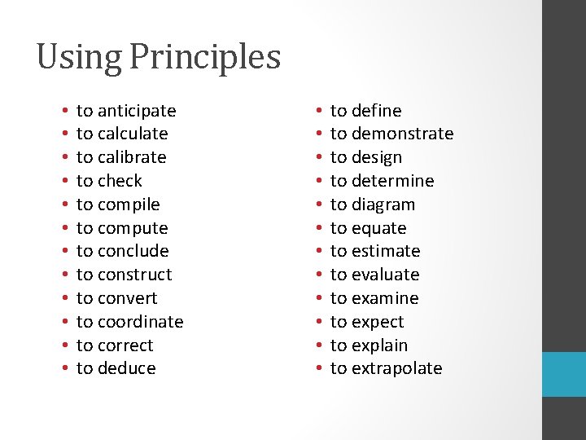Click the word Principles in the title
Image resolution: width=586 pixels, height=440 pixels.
coord(205,58)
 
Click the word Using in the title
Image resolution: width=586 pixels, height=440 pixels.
coord(79,58)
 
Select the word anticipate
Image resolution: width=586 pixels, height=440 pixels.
coord(136,111)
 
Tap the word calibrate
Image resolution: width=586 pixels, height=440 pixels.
coord(131,157)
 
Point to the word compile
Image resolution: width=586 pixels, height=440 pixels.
coord(128,205)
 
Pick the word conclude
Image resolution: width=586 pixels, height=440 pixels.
coord(133,251)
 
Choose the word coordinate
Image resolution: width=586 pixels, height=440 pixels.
coord(140,322)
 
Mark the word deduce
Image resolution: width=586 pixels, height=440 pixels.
coord(126,368)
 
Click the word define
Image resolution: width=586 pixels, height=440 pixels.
coord(376,111)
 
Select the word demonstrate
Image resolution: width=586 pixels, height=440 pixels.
coord(402,134)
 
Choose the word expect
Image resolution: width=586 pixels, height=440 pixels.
coord(378,322)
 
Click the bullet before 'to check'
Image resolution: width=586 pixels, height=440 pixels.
coord(63,181)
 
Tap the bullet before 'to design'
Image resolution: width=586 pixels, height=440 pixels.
coord(317,157)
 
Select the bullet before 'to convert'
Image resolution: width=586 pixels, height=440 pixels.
coord(63,298)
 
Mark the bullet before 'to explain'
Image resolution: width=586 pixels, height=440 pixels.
coord(317,345)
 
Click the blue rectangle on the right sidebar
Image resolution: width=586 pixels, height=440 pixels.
coord(564,374)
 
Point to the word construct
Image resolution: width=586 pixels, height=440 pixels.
coord(134,275)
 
